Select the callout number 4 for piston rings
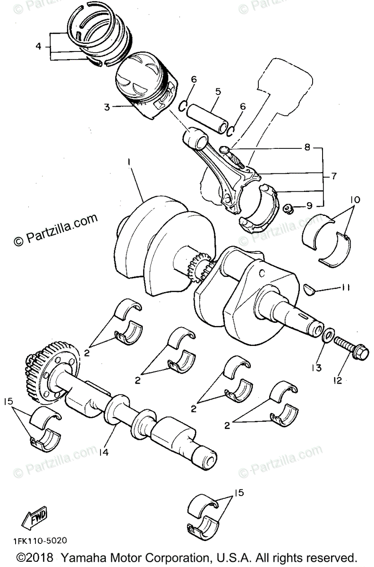point(39,46)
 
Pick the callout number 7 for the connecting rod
point(333,176)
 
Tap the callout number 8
point(307,147)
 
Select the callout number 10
point(355,200)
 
